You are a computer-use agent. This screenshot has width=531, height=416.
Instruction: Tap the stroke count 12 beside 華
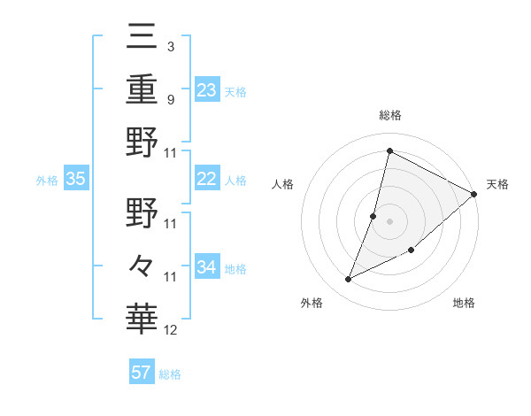[x=171, y=330]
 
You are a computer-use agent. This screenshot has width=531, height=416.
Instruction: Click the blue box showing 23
[x=207, y=89]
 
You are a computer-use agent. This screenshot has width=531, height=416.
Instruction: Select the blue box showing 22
[x=207, y=179]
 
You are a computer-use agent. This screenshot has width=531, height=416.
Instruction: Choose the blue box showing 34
[x=207, y=266]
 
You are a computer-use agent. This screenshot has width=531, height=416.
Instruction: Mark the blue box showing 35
[x=76, y=179]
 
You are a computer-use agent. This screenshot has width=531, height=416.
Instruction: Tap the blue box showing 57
[x=142, y=373]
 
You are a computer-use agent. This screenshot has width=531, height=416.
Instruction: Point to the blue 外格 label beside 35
[x=47, y=181]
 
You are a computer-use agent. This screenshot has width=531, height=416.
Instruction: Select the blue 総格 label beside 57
[x=170, y=374]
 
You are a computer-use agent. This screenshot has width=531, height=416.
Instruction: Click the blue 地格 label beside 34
[x=235, y=269]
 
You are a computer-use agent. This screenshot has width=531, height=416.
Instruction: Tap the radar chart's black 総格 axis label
[x=390, y=115]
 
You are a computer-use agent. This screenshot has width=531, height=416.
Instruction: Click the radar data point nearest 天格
[x=473, y=194]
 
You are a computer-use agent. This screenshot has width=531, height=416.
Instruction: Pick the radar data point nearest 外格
[x=348, y=280]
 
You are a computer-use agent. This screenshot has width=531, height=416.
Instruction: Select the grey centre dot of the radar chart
[x=389, y=221]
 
